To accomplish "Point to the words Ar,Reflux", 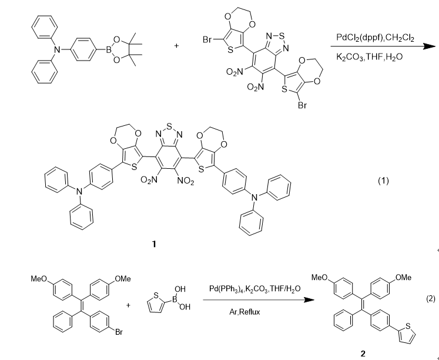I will tap(244, 312).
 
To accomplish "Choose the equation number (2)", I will tap(430, 299).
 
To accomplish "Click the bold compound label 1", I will tap(154, 243).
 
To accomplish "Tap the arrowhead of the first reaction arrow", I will tap(433, 49).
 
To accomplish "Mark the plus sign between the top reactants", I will tap(176, 43).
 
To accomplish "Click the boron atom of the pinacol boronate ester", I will tap(108, 51).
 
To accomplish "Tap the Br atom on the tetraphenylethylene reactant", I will tap(118, 332).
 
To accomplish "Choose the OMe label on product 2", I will tap(404, 277).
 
